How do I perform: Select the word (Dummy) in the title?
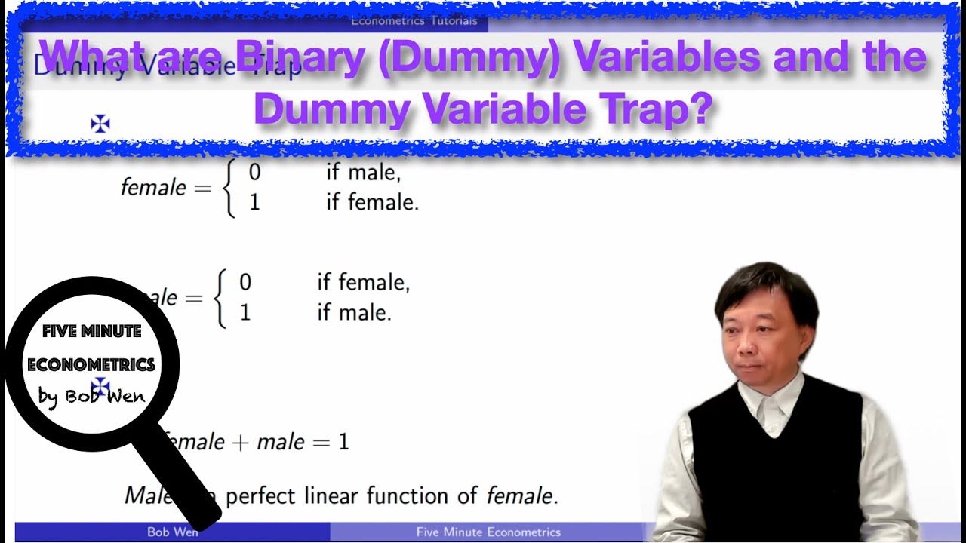tap(469, 57)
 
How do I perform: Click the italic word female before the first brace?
tap(153, 187)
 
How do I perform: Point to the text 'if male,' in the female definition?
tap(363, 173)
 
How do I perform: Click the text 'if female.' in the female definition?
tap(372, 202)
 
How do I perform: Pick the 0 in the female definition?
tap(254, 173)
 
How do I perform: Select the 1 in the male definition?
tap(245, 312)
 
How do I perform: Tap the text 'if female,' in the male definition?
tap(363, 283)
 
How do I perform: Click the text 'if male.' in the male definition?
tap(354, 312)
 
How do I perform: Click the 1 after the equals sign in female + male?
tap(343, 442)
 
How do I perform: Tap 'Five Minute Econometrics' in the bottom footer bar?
tap(488, 532)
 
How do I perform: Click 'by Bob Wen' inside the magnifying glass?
tap(91, 395)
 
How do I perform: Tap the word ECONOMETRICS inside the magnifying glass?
tap(91, 364)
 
